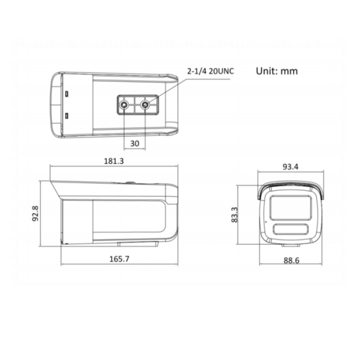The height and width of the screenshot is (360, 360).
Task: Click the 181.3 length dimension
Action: coord(114,161)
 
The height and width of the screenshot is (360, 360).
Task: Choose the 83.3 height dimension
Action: coord(234,215)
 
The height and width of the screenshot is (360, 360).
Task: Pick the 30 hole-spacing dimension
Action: coord(135,143)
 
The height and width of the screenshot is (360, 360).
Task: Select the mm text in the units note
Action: coord(289,71)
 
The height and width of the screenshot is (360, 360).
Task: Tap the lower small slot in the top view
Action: coord(67,115)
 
